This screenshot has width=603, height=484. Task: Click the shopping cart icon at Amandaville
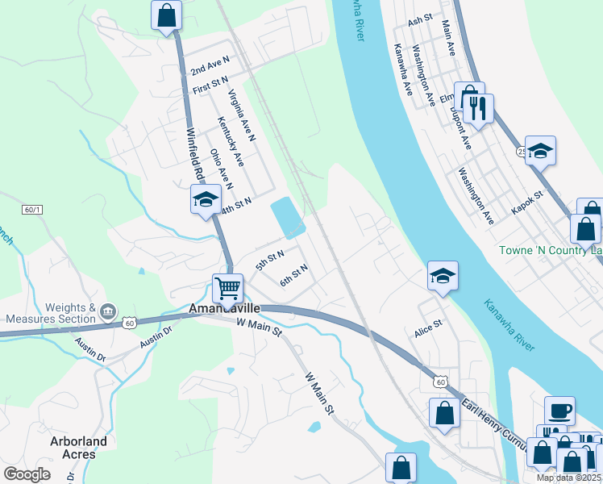click(228, 288)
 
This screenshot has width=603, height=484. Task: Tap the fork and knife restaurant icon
click(479, 107)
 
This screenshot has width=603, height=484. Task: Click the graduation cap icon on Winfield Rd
click(206, 198)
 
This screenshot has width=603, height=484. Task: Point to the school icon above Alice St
click(443, 276)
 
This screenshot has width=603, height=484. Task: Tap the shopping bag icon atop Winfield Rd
click(166, 15)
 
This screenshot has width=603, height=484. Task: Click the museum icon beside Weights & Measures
click(109, 311)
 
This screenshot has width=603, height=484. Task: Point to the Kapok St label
click(528, 202)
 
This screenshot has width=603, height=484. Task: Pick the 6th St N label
click(294, 277)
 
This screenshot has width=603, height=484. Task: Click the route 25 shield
click(522, 151)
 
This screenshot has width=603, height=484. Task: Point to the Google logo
click(27, 474)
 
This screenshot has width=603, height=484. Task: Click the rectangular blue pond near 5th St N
click(288, 217)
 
